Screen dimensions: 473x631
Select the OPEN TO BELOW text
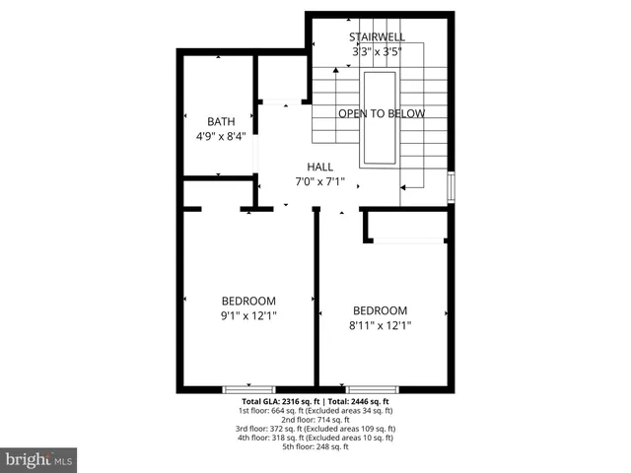[382, 113]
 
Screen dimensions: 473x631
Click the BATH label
[221, 121]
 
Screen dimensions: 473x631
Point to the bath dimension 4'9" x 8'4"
[221, 137]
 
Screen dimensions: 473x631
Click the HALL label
[319, 167]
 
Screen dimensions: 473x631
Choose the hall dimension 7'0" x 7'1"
[319, 182]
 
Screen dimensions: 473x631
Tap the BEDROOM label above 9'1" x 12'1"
[248, 301]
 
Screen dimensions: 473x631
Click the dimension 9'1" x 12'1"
[248, 316]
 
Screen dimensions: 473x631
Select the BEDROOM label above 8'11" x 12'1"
[380, 309]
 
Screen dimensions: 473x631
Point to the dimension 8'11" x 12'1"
[380, 325]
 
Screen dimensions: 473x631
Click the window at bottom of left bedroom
[248, 389]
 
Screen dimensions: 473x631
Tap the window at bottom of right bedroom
[372, 389]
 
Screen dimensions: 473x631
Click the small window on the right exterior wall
[451, 187]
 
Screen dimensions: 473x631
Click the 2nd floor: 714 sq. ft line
[315, 420]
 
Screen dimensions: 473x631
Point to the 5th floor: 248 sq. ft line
[315, 446]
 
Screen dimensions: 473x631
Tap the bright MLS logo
[39, 460]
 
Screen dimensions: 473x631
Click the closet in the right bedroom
[407, 227]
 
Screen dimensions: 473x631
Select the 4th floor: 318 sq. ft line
[315, 438]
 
